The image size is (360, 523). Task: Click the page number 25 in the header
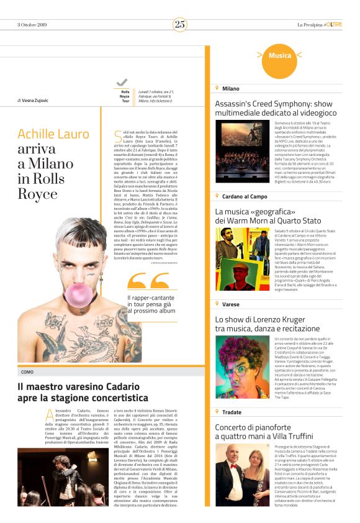pos(180,24)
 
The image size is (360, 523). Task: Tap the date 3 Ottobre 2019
pos(34,25)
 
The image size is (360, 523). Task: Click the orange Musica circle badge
pos(280,56)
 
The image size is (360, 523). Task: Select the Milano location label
pos(230,89)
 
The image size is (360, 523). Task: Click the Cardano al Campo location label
pos(245,196)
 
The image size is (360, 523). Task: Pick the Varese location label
pos(231,304)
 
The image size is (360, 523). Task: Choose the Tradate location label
pos(232,412)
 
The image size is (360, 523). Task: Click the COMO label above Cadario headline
pos(27,372)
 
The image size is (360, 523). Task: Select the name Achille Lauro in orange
pos(53,134)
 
